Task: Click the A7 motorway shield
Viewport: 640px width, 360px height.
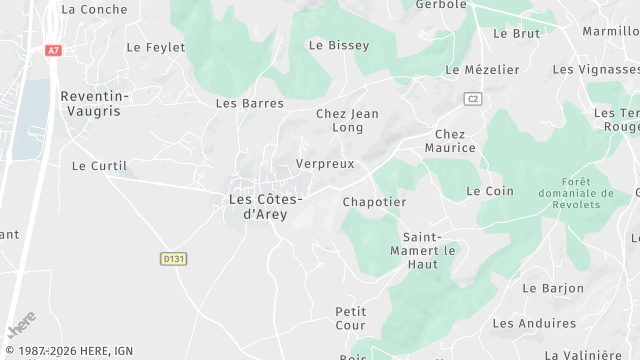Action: (53, 49)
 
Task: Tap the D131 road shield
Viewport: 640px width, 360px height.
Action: (174, 259)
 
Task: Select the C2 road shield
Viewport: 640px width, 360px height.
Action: (473, 98)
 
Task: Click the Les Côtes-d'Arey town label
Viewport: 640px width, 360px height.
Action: (265, 206)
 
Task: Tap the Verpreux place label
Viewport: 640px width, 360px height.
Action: (325, 163)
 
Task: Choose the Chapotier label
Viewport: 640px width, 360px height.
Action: (374, 202)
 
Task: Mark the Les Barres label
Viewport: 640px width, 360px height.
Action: (250, 103)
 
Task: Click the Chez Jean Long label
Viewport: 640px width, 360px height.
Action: (347, 121)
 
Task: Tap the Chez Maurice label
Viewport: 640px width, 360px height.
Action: (450, 141)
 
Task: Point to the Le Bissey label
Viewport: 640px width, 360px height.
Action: (339, 45)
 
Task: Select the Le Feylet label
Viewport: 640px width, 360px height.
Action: (154, 47)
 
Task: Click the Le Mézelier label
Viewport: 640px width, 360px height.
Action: (482, 70)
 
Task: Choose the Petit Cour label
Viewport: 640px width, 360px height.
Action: (351, 318)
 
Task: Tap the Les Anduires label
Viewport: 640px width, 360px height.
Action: (534, 323)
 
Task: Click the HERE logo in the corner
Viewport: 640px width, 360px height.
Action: (21, 328)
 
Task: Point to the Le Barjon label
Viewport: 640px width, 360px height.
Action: (553, 288)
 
